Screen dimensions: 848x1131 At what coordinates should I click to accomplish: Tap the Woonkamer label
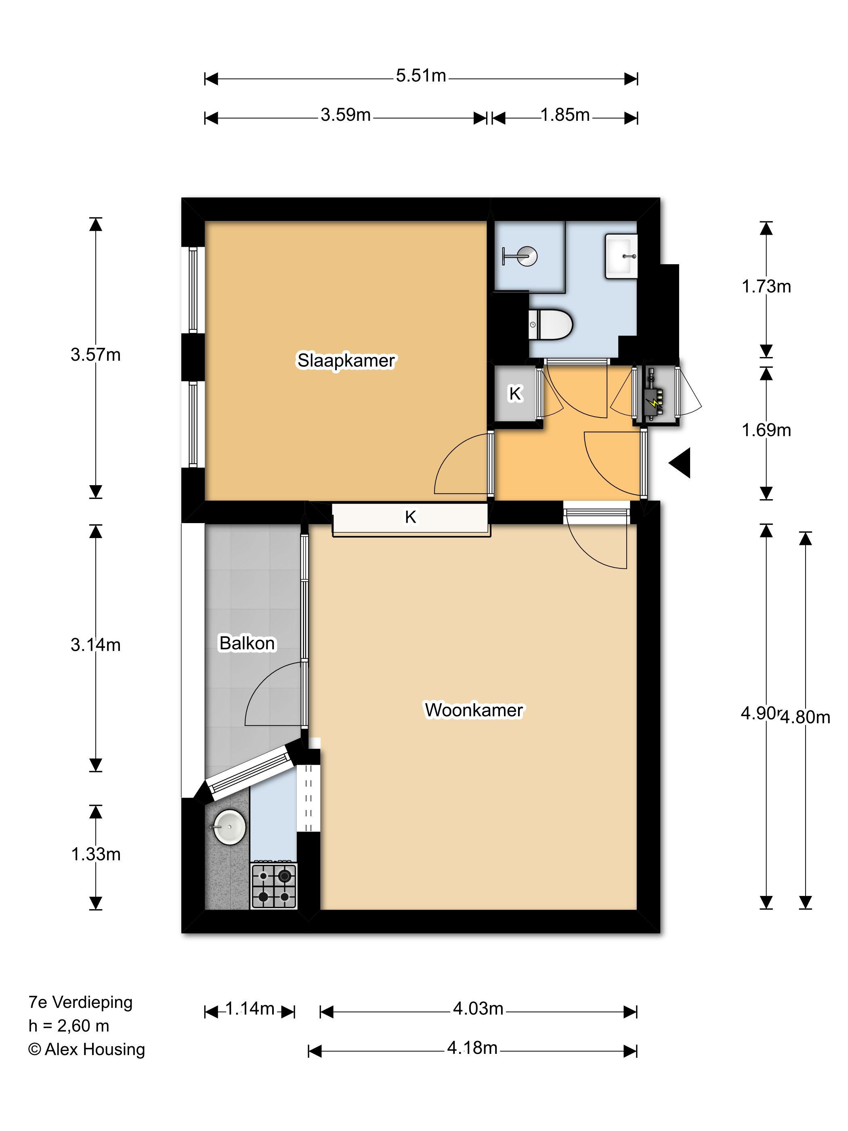[474, 710]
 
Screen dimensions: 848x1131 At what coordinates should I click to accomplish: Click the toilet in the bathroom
[550, 324]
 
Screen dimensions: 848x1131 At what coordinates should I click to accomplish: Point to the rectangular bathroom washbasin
[621, 256]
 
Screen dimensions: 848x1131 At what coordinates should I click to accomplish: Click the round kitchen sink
[229, 827]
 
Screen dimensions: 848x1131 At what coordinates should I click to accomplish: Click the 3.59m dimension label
[346, 115]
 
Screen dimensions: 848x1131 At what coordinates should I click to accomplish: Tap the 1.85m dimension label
[565, 115]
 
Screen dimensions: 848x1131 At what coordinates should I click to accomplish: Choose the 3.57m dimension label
[96, 354]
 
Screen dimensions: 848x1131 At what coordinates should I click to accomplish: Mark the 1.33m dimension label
[96, 854]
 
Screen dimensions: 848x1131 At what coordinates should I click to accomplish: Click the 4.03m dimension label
[478, 1008]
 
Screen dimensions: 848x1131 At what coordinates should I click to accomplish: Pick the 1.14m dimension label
[250, 1008]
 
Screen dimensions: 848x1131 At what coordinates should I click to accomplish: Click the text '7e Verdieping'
[80, 1002]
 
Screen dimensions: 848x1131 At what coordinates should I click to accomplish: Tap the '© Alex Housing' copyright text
[86, 1049]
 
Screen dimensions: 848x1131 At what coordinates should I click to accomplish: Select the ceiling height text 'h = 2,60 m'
[69, 1025]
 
